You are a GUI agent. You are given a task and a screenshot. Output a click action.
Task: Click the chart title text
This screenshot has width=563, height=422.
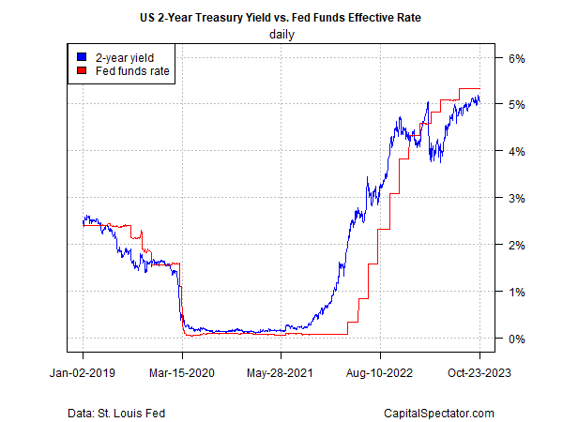point(281,19)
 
